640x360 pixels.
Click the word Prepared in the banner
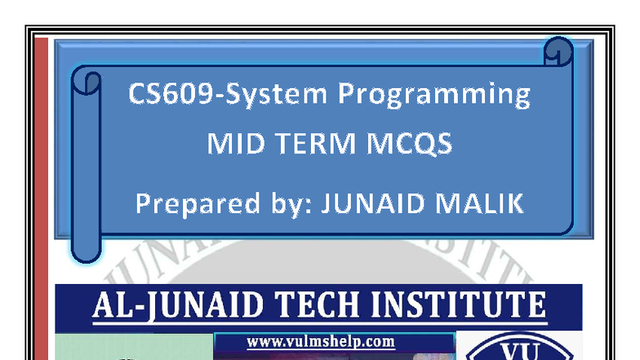(x=188, y=202)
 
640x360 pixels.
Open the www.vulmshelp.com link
(x=320, y=341)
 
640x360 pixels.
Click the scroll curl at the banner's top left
(x=87, y=81)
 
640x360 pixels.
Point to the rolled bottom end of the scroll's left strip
(x=86, y=249)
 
